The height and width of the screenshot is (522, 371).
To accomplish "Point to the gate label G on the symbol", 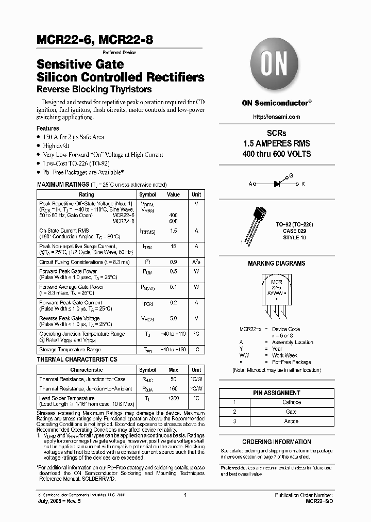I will [x=291, y=175].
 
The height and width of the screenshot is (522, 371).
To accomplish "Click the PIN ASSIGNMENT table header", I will [x=276, y=393].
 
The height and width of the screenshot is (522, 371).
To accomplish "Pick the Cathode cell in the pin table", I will [x=292, y=402].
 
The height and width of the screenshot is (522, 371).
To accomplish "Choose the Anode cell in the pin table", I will [x=292, y=421].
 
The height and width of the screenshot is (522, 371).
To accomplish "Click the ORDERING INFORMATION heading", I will [x=276, y=442].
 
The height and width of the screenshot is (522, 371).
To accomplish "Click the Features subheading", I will [x=47, y=128].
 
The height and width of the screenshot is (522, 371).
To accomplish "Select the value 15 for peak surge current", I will [x=173, y=247].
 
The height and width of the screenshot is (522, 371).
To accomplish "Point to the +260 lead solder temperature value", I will [x=173, y=398].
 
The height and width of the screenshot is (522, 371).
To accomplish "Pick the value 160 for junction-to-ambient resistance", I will [x=173, y=388].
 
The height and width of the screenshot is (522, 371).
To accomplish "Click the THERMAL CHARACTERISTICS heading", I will [x=77, y=359].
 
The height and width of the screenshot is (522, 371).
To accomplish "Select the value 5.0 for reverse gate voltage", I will [x=173, y=318].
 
